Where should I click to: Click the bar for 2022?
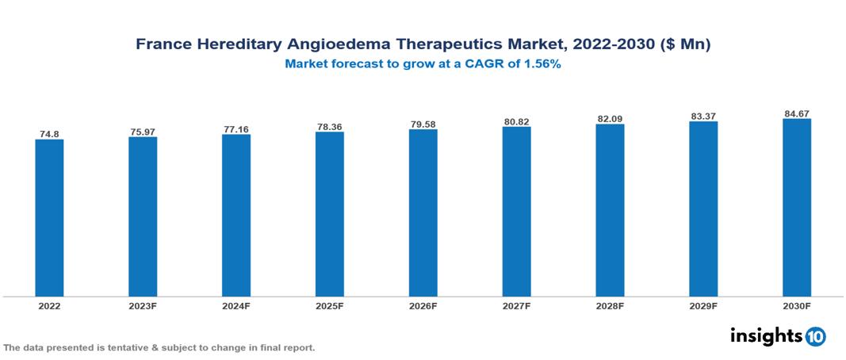point(49,218)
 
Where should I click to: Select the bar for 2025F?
point(329,214)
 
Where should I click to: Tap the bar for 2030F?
point(796,208)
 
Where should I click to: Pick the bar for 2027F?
point(516,212)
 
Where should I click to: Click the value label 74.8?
point(49,134)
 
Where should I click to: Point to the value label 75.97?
point(143,132)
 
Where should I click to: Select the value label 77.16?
point(236,128)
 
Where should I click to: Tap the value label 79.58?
point(423,124)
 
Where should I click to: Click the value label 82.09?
point(610,119)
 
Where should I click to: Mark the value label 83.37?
point(703,117)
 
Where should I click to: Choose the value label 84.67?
point(796,113)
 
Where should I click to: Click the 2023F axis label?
point(143,305)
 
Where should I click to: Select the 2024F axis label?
point(236,305)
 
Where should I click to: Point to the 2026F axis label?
point(423,305)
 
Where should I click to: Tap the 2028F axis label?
point(610,305)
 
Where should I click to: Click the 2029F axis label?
point(703,305)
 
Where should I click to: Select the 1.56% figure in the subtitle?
point(540,65)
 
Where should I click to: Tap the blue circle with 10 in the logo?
point(815,336)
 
